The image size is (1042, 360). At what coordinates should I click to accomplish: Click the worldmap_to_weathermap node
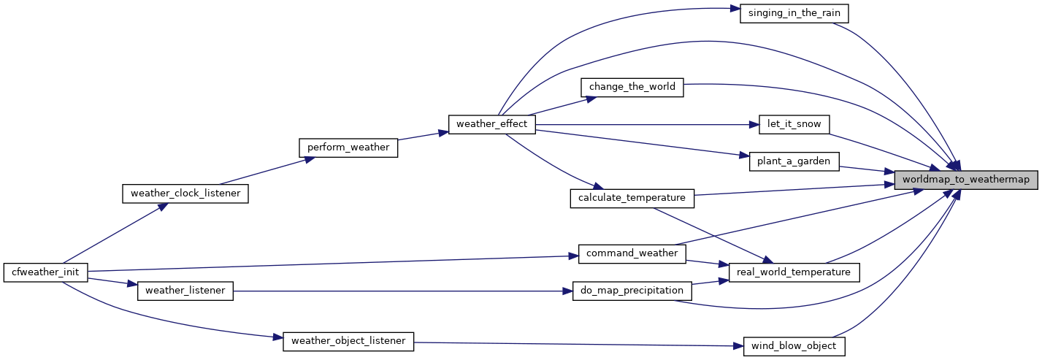[x=965, y=179]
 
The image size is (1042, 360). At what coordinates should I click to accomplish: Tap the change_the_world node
[x=632, y=87]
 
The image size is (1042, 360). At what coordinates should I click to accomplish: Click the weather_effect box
[x=491, y=124]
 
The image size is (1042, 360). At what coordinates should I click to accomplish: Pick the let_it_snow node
[x=794, y=124]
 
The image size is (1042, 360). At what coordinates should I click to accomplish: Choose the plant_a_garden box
[x=794, y=161]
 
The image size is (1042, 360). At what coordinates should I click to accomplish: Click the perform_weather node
[x=348, y=147]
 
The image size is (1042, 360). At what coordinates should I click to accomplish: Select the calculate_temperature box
[x=632, y=197]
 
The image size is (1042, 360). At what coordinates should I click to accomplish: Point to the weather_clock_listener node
[x=185, y=194]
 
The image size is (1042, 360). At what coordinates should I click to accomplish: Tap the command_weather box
[x=632, y=253]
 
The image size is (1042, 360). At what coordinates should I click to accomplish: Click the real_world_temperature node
[x=794, y=272]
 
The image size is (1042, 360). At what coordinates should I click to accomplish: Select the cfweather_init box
[x=46, y=272]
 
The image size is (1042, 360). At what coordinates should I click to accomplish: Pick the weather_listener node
[x=185, y=291]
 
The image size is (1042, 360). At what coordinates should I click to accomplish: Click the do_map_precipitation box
[x=632, y=291]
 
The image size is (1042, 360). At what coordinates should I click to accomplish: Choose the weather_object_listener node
[x=348, y=340]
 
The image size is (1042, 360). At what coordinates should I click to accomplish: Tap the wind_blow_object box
[x=794, y=346]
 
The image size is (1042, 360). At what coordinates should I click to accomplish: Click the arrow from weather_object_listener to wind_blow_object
[x=577, y=343]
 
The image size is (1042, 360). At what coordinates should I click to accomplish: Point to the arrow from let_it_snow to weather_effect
[x=643, y=124]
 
